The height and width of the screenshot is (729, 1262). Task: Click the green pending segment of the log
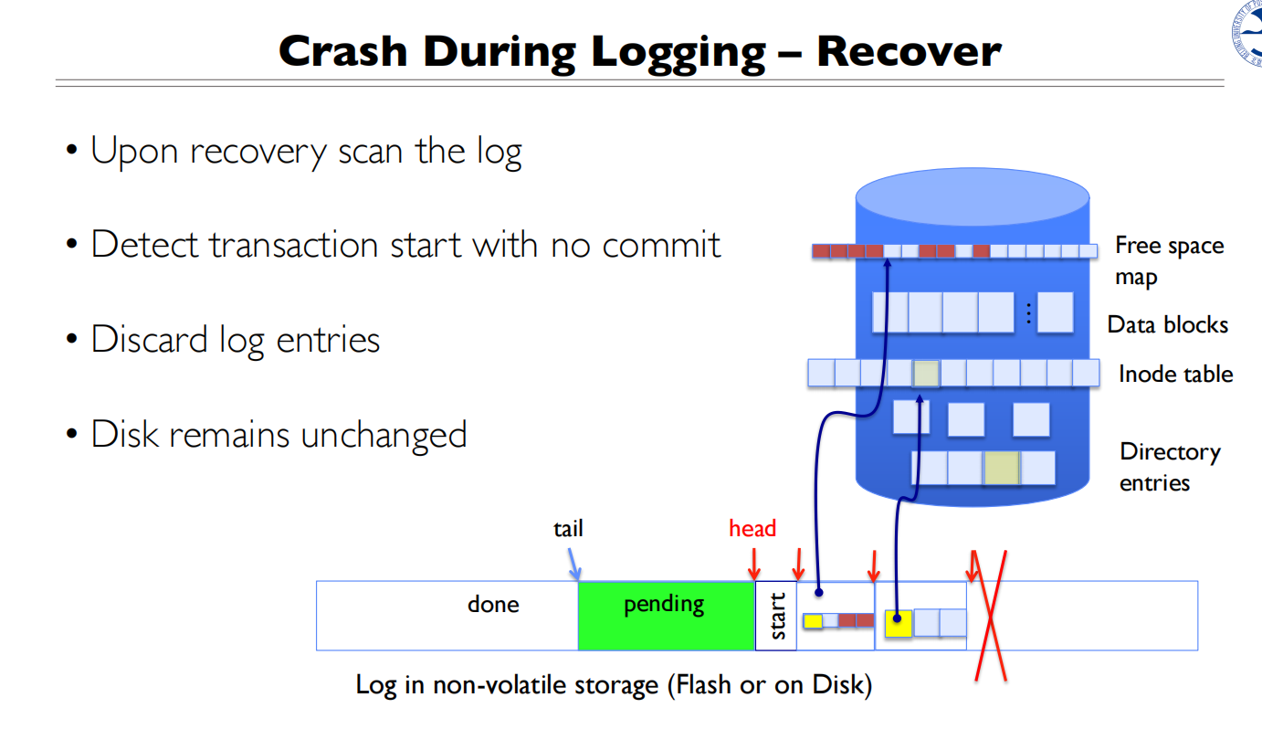point(666,616)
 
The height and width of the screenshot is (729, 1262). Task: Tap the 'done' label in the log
point(493,605)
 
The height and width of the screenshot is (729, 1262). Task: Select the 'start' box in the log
point(776,616)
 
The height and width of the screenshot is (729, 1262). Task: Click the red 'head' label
point(752,528)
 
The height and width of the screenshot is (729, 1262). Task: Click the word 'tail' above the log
point(568,528)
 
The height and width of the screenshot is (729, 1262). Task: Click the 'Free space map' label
point(1169,260)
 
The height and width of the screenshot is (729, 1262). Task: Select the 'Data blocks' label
point(1167,324)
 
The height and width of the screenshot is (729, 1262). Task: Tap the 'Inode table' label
point(1175,374)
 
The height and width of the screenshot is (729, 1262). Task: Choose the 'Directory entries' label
point(1170,467)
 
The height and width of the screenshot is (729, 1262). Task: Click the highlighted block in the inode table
point(926,373)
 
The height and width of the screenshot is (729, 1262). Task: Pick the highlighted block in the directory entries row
point(1001,468)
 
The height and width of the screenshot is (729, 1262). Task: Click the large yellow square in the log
point(899,623)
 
